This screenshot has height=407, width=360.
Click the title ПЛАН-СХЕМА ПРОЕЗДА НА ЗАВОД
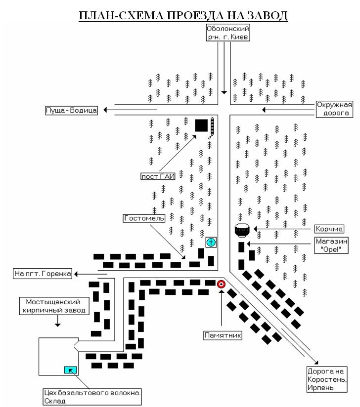coord(183,16)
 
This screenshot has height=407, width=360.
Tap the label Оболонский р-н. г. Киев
coord(228,33)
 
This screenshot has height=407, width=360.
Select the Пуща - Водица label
coord(71,110)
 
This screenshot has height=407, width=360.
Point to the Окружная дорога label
coord(334,109)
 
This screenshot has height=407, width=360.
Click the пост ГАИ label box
coord(158,176)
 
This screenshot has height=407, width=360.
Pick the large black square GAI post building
coord(201,125)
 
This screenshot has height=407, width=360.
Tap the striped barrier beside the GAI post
coord(212,127)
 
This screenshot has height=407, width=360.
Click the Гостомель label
coord(144,218)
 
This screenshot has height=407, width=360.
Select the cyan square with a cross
coord(211,243)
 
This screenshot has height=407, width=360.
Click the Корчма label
coord(329,229)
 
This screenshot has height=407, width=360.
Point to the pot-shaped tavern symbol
coord(242,230)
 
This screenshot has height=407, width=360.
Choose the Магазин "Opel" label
coord(331,245)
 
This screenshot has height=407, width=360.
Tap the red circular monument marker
coord(221,284)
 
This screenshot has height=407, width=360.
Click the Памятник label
coord(223,335)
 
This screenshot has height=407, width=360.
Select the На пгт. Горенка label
coord(43,274)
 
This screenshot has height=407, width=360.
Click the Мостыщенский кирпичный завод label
coord(54,306)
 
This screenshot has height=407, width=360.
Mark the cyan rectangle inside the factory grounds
coord(70,370)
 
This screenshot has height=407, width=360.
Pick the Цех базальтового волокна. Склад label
coord(92,397)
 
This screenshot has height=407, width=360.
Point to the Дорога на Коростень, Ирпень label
coord(327,379)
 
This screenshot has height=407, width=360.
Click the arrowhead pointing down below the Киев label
coord(224,92)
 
